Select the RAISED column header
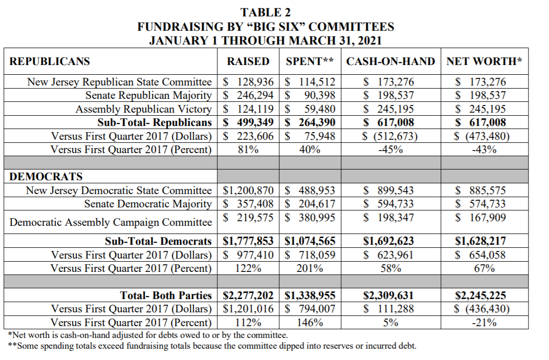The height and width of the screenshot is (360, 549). [248, 61]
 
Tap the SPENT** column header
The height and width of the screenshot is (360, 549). [310, 61]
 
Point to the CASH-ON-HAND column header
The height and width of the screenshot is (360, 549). [390, 61]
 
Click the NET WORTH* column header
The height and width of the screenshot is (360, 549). [484, 61]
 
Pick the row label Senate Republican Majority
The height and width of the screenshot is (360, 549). [148, 95]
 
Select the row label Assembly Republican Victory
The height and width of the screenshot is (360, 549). [143, 109]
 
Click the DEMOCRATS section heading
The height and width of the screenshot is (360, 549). [46, 177]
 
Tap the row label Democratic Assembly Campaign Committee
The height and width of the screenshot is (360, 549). [111, 222]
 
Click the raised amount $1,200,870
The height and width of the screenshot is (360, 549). [248, 190]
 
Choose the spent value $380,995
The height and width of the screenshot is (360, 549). [310, 217]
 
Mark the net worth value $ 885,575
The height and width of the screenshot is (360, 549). [480, 190]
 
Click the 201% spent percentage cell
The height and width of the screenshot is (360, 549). [310, 268]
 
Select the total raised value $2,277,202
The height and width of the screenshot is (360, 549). [248, 295]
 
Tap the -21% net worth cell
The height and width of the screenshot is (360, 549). [484, 323]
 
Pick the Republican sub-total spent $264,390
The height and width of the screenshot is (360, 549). [310, 122]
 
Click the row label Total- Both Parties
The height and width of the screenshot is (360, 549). [166, 295]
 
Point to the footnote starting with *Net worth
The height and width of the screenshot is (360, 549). [148, 335]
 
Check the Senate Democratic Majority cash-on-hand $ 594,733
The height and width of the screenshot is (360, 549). [388, 204]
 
